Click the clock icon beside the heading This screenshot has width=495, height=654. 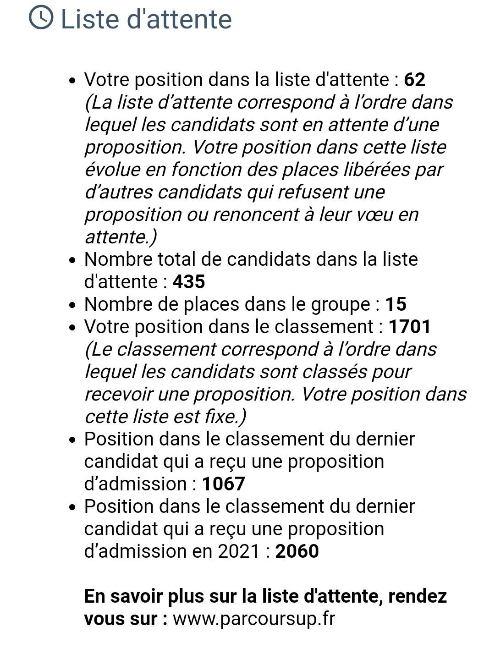(41, 18)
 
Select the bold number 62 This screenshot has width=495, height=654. (414, 80)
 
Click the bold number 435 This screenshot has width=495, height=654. (188, 281)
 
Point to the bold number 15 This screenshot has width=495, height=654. (396, 304)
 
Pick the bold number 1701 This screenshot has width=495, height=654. (410, 327)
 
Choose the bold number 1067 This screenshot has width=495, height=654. (223, 484)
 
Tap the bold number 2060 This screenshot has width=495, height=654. (297, 551)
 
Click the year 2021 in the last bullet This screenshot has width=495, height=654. (239, 551)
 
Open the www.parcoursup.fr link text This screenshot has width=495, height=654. (254, 619)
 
